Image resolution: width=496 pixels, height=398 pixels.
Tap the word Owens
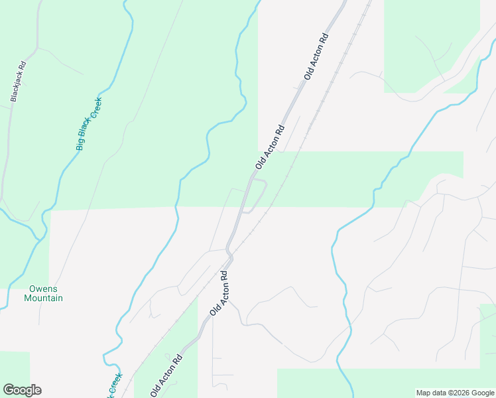[43, 289]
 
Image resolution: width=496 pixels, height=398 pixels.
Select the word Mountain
[43, 298]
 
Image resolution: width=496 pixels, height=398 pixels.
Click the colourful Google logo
[22, 390]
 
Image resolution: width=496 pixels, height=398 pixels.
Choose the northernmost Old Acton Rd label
[316, 57]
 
